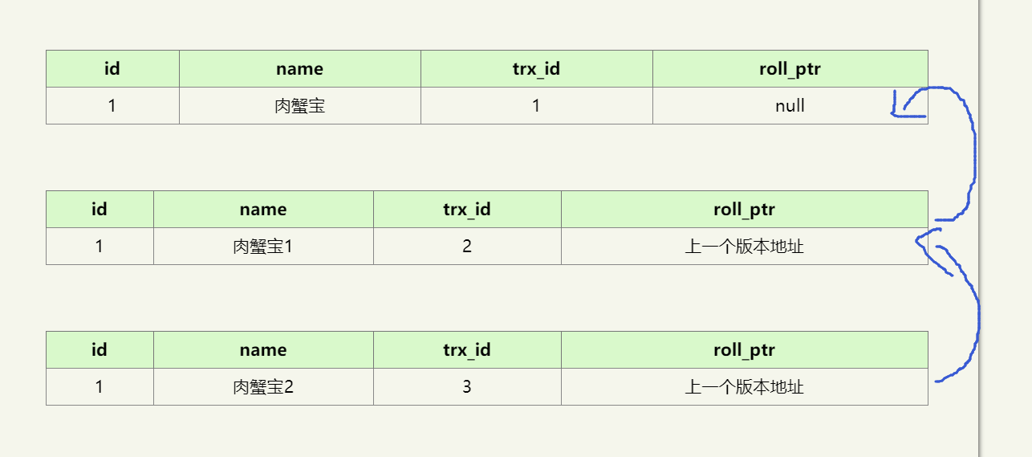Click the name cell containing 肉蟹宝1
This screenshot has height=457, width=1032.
[x=263, y=247]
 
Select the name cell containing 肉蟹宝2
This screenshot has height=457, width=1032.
[x=263, y=387]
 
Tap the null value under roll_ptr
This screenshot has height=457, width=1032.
[x=790, y=106]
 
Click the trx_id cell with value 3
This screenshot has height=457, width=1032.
[x=467, y=387]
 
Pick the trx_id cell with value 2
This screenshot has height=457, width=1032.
[x=467, y=247]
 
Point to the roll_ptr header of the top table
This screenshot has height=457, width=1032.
[x=790, y=69]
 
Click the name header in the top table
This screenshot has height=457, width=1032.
[x=299, y=69]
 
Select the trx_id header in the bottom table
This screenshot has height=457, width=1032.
[x=467, y=350]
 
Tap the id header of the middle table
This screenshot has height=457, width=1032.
[x=100, y=210]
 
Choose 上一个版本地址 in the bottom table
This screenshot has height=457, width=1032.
[x=744, y=387]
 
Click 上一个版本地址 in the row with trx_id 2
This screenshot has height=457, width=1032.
[x=744, y=247]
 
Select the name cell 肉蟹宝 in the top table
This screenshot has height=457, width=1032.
[x=299, y=106]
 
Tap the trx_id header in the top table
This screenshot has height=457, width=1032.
[x=536, y=69]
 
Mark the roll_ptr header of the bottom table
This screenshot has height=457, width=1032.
[x=744, y=350]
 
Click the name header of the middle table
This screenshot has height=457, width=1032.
[x=263, y=210]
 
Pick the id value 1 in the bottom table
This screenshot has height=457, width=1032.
[x=100, y=387]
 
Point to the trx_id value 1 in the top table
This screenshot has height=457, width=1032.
[x=536, y=106]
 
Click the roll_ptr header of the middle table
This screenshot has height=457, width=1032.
[x=744, y=210]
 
